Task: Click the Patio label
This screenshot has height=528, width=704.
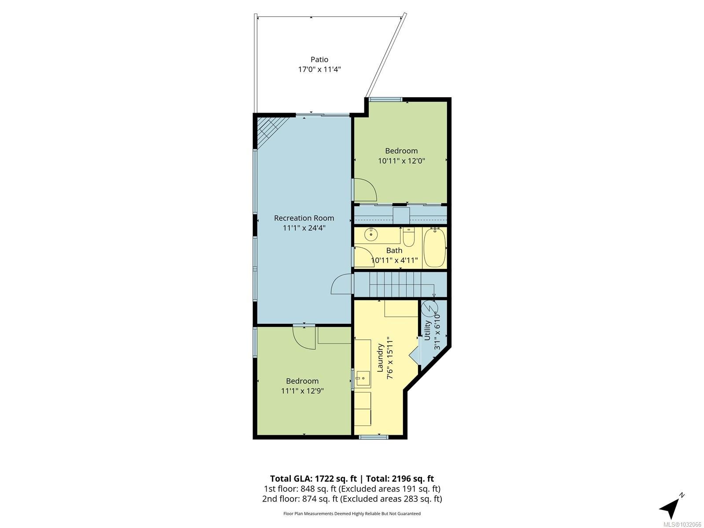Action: [x=319, y=59]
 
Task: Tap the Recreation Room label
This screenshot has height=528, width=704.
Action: [x=304, y=218]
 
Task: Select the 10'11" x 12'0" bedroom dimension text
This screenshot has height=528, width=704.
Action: [x=401, y=161]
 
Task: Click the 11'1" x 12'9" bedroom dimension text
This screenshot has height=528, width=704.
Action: [x=302, y=391]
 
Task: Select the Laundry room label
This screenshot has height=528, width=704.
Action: [x=381, y=358]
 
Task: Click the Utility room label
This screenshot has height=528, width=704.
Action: [x=427, y=330]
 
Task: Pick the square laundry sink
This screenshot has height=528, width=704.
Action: [x=363, y=378]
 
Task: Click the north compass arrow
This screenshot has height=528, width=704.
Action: [x=671, y=508]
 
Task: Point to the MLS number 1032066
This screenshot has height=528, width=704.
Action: [x=682, y=524]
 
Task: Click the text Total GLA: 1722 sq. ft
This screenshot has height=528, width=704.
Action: [x=313, y=479]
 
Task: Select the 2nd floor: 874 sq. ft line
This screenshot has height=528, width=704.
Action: [x=352, y=499]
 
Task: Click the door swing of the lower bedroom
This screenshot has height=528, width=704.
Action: [x=304, y=338]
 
